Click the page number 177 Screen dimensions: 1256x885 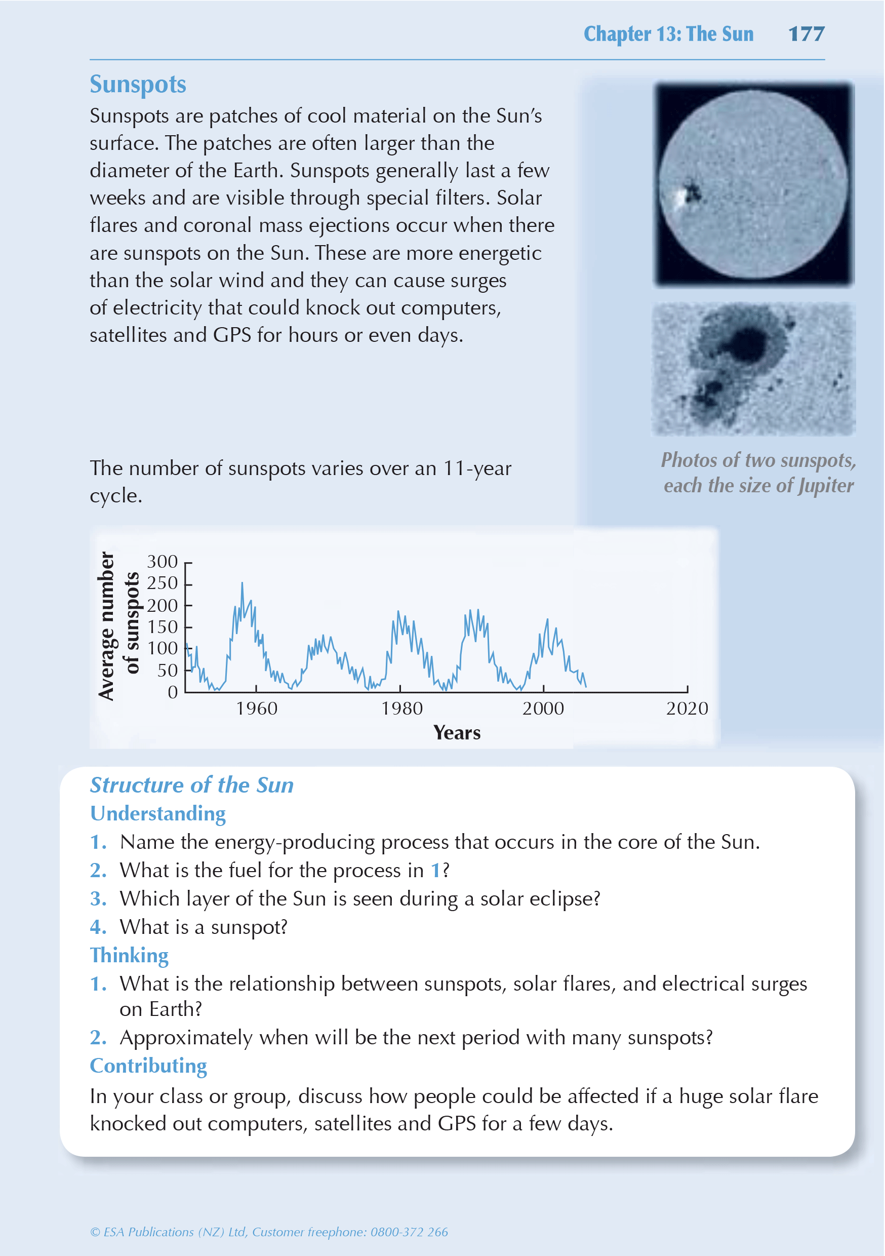click(806, 34)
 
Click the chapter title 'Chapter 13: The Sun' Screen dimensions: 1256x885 click(668, 34)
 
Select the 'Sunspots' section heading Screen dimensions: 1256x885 click(138, 85)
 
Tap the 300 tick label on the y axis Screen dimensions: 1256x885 click(162, 561)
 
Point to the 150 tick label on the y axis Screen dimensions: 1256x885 click(162, 627)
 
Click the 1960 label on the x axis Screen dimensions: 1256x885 click(257, 709)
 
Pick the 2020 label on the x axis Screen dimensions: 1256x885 click(687, 709)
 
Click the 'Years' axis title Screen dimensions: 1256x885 click(457, 733)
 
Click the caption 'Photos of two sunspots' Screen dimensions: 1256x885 click(758, 460)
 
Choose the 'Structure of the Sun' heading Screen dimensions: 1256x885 click(191, 785)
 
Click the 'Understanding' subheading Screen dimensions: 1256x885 click(157, 814)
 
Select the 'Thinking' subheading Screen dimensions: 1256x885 click(129, 956)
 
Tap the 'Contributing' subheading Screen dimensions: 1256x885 click(148, 1066)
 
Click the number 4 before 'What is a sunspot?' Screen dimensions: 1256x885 click(97, 927)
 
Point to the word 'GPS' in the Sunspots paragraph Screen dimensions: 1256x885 click(232, 335)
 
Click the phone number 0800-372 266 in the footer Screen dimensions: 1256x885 click(409, 1232)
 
